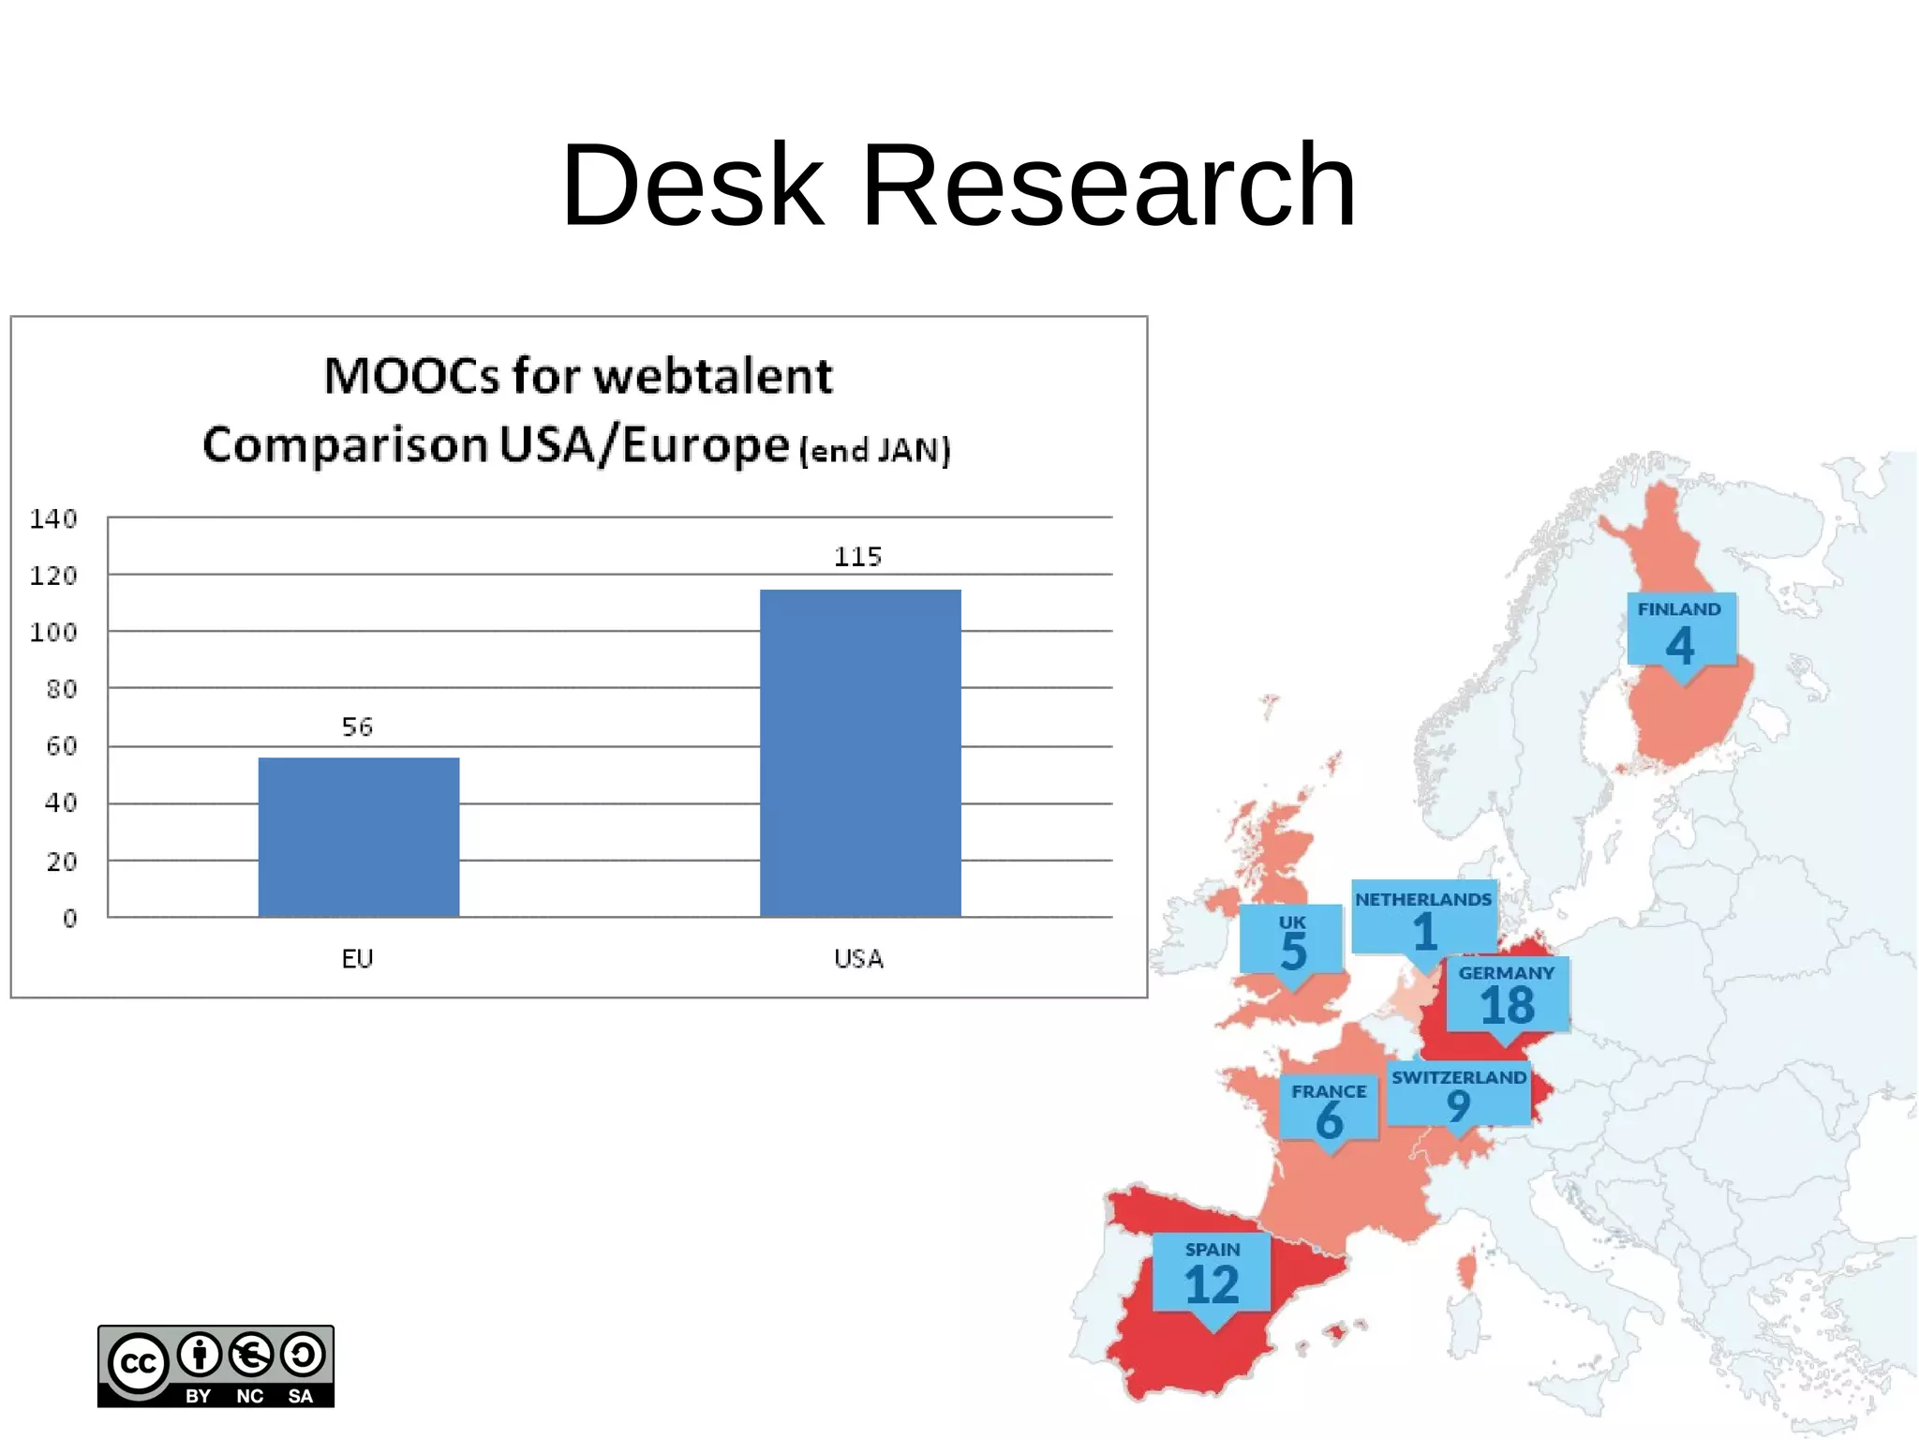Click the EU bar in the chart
click(x=359, y=836)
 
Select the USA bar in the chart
click(x=860, y=752)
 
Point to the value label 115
click(x=857, y=557)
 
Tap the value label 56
click(x=357, y=727)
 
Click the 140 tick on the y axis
click(x=53, y=518)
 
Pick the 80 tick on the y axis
click(x=62, y=689)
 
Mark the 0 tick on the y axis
click(x=70, y=918)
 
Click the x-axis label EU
click(x=357, y=958)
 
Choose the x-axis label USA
click(x=858, y=958)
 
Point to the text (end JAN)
click(x=875, y=451)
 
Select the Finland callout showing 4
click(x=1681, y=630)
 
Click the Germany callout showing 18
click(x=1507, y=995)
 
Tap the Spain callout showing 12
click(x=1212, y=1272)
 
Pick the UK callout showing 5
click(x=1291, y=939)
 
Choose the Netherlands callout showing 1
click(x=1423, y=918)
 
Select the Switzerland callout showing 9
click(x=1458, y=1094)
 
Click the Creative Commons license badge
click(x=216, y=1366)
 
